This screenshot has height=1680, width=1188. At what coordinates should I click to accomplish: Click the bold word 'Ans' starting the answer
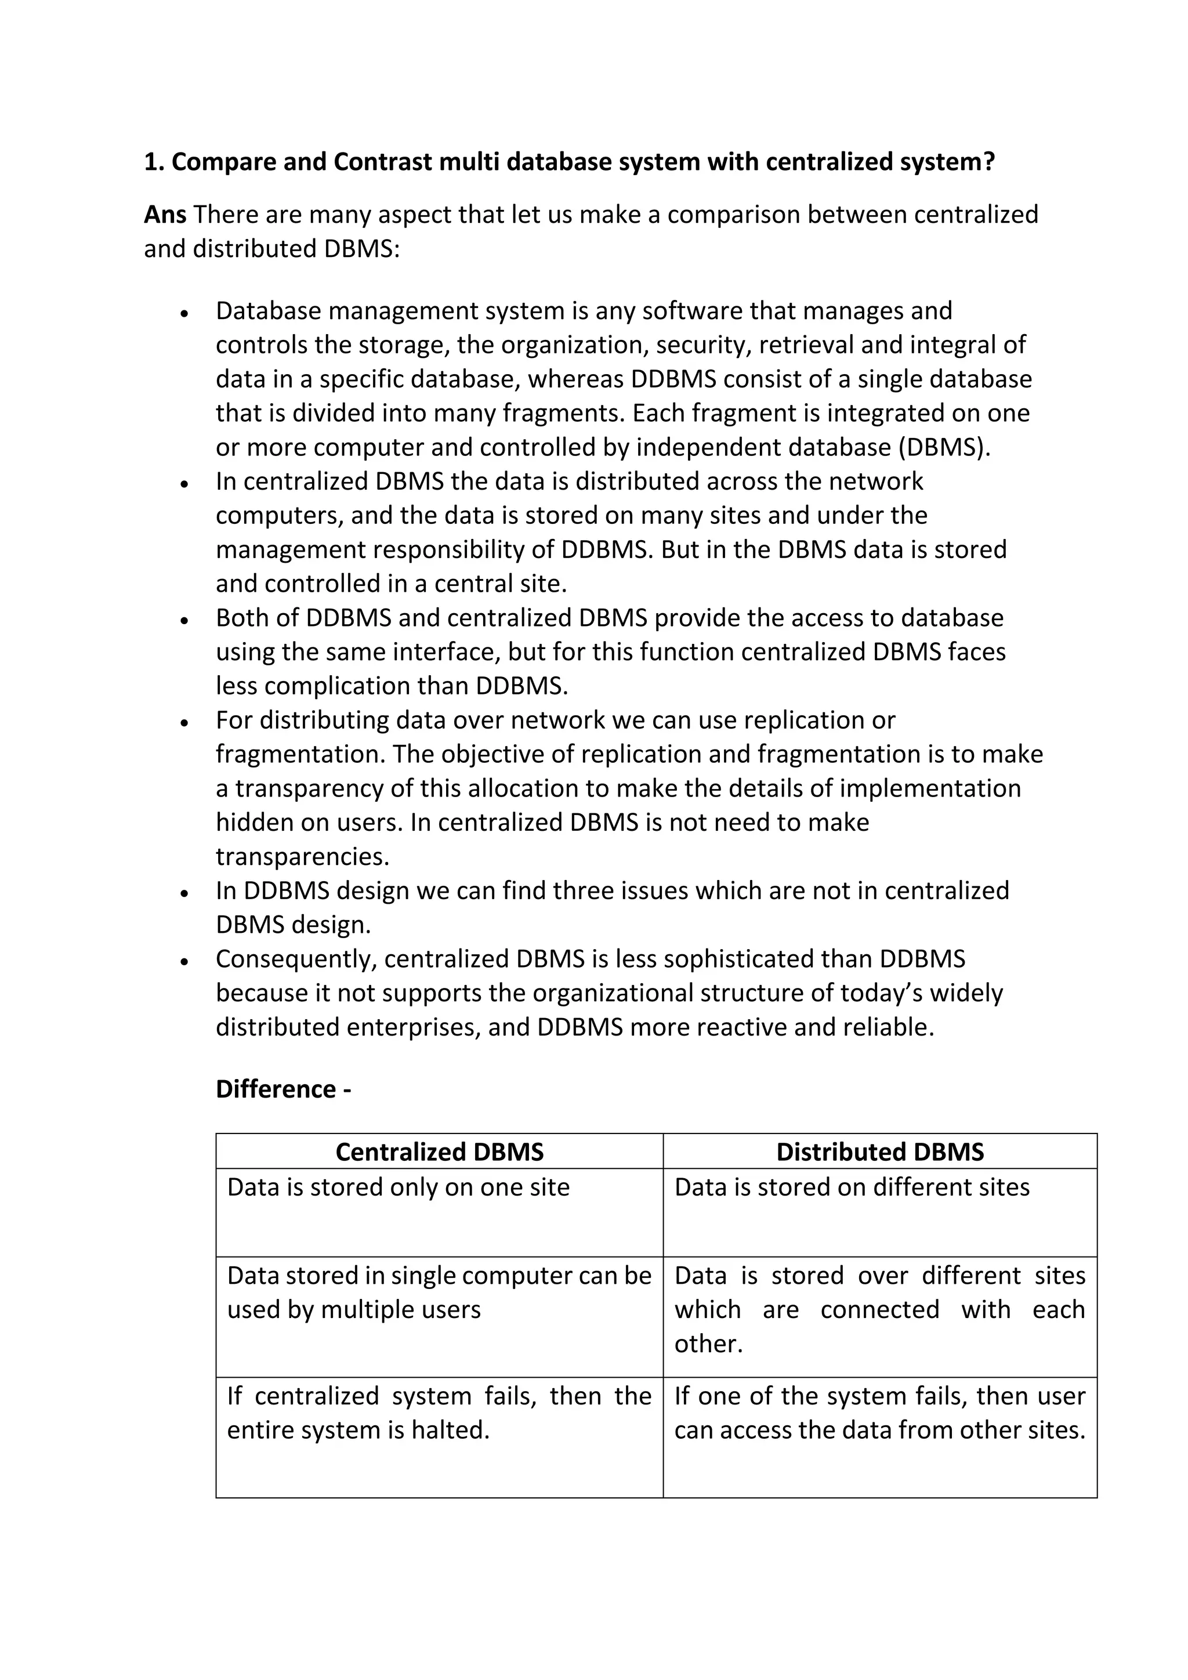pos(165,215)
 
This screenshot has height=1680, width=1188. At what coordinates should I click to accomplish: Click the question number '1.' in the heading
pos(154,162)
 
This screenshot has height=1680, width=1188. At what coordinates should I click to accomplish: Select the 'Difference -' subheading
pos(283,1089)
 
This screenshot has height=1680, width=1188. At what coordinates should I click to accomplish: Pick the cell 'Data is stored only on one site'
pos(398,1187)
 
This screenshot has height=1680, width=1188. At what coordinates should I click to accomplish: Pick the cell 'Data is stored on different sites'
pos(852,1187)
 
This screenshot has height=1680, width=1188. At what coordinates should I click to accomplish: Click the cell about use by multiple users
pos(439,1292)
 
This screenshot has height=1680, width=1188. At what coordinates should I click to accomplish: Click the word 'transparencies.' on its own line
pos(302,856)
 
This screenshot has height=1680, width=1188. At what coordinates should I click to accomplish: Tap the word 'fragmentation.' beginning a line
pos(300,754)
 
